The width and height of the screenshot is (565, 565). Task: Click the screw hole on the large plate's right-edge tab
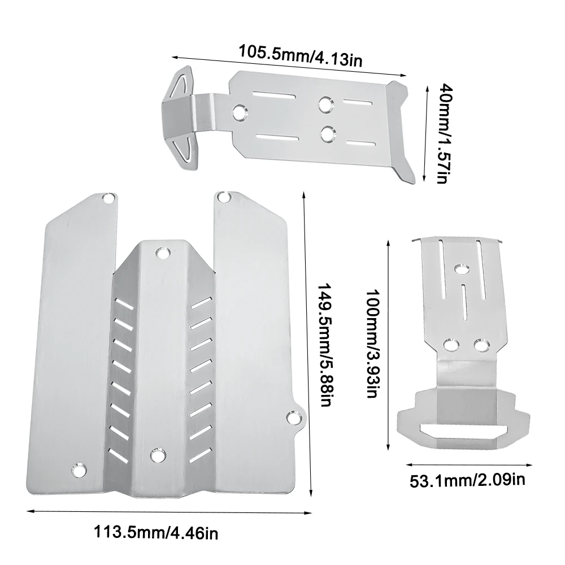click(293, 416)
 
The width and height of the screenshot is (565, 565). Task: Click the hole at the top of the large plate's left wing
click(107, 199)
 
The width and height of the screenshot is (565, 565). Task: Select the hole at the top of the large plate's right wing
click(224, 198)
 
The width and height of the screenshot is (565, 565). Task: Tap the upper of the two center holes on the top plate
click(326, 104)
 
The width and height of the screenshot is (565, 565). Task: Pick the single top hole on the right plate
click(461, 267)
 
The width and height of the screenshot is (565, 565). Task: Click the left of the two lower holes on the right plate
click(450, 344)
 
